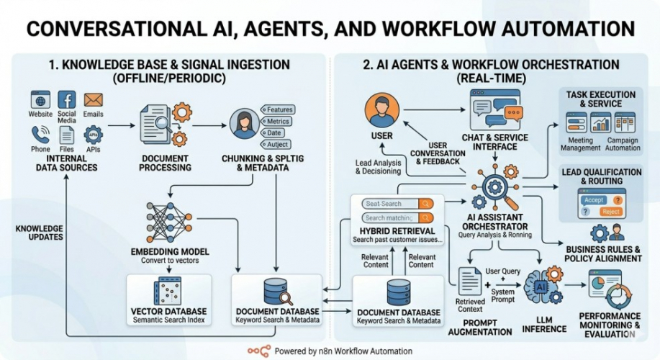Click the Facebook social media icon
tap(66, 99)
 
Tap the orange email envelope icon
tap(93, 99)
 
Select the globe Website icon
tap(40, 99)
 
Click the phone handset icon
tap(40, 134)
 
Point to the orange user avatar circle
tap(381, 111)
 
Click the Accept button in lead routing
tap(594, 199)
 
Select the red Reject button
tap(611, 212)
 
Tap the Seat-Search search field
tap(392, 204)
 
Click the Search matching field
tap(392, 217)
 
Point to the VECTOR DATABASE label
tap(169, 311)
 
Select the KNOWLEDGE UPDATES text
tap(40, 233)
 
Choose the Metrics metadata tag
tap(278, 121)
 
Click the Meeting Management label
tap(581, 144)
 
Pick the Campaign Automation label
tap(623, 144)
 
